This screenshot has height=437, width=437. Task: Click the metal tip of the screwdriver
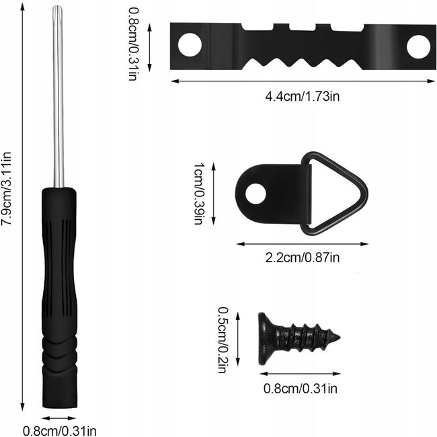58,8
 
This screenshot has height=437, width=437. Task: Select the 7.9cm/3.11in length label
6,189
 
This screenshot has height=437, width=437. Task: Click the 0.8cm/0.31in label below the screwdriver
60,431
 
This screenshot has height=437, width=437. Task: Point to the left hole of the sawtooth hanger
190,44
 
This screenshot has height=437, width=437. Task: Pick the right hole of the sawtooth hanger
418,46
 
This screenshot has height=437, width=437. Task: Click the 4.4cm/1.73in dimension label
303,97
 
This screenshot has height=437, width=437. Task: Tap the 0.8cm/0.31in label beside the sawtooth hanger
132,44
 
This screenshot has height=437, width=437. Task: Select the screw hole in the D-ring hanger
256,194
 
